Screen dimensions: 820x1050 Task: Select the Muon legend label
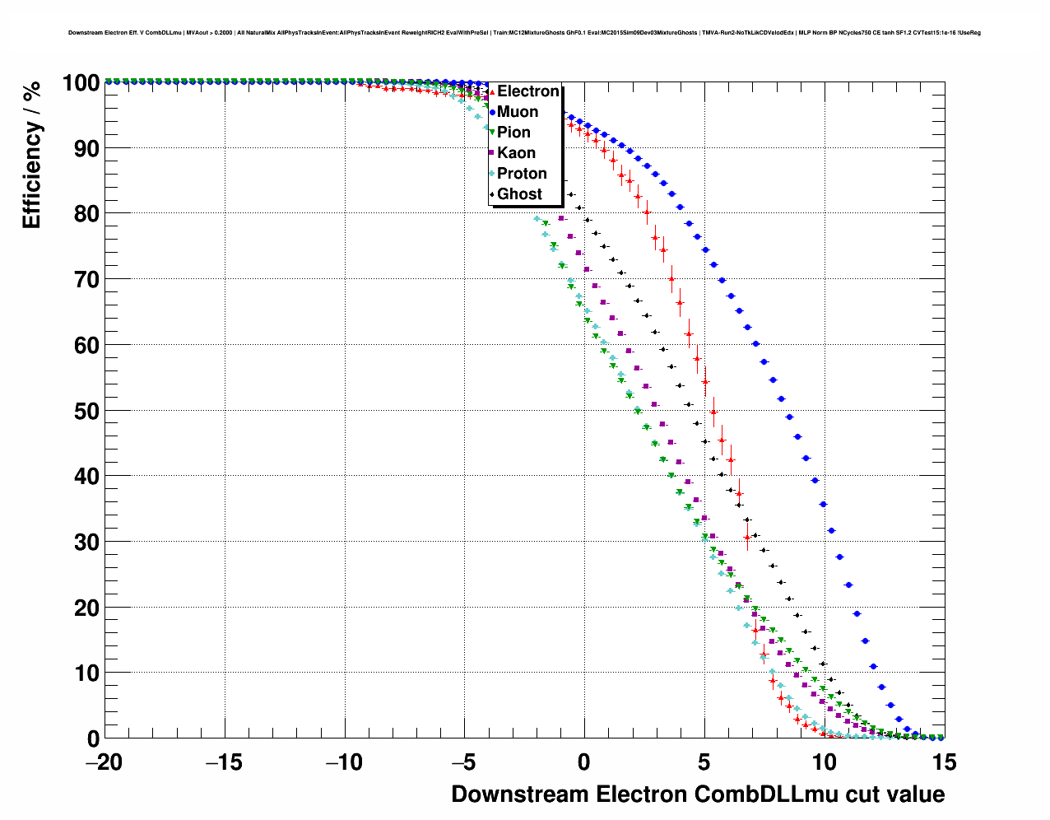(x=518, y=112)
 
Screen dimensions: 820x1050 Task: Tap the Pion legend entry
(x=513, y=133)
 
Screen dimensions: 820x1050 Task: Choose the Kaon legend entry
(x=516, y=153)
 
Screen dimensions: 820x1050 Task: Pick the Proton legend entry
(x=522, y=174)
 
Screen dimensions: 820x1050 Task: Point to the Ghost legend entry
(x=519, y=194)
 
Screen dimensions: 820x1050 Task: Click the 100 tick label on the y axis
(x=80, y=83)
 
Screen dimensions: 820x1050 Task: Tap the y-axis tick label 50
(x=86, y=411)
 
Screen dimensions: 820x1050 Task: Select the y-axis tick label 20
(x=86, y=608)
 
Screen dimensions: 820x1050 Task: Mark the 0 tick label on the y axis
(x=93, y=738)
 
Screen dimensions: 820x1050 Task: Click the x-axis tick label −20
(x=104, y=762)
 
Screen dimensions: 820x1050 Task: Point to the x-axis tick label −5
(x=464, y=762)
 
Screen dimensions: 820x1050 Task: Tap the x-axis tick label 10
(x=825, y=762)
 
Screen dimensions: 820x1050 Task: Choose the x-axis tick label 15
(x=944, y=762)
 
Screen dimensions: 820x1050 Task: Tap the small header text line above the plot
(x=524, y=33)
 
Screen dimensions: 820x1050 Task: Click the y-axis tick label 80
(x=86, y=214)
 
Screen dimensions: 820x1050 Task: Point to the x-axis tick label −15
(x=224, y=762)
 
